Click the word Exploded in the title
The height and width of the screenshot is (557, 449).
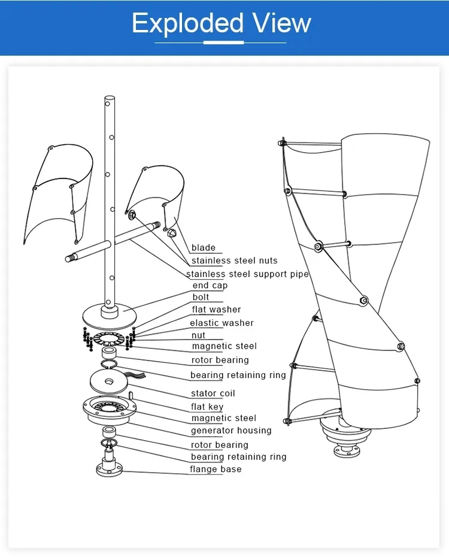(187, 24)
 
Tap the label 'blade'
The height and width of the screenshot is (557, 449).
(203, 248)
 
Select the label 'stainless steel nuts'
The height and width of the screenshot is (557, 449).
(234, 261)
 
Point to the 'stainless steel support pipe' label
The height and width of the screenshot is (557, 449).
(247, 274)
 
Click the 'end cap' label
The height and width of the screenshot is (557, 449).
(210, 286)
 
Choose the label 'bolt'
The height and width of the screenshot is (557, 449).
(201, 297)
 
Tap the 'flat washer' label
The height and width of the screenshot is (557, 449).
(216, 310)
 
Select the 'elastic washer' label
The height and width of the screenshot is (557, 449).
(222, 323)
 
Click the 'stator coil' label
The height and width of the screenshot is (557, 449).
(213, 393)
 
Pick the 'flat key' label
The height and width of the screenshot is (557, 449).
(207, 407)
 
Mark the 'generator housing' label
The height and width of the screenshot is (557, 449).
(230, 431)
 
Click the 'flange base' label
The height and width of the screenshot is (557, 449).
(216, 469)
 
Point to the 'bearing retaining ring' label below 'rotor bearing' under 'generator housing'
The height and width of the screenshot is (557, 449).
(238, 457)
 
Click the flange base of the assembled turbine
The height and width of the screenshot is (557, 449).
(347, 447)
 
